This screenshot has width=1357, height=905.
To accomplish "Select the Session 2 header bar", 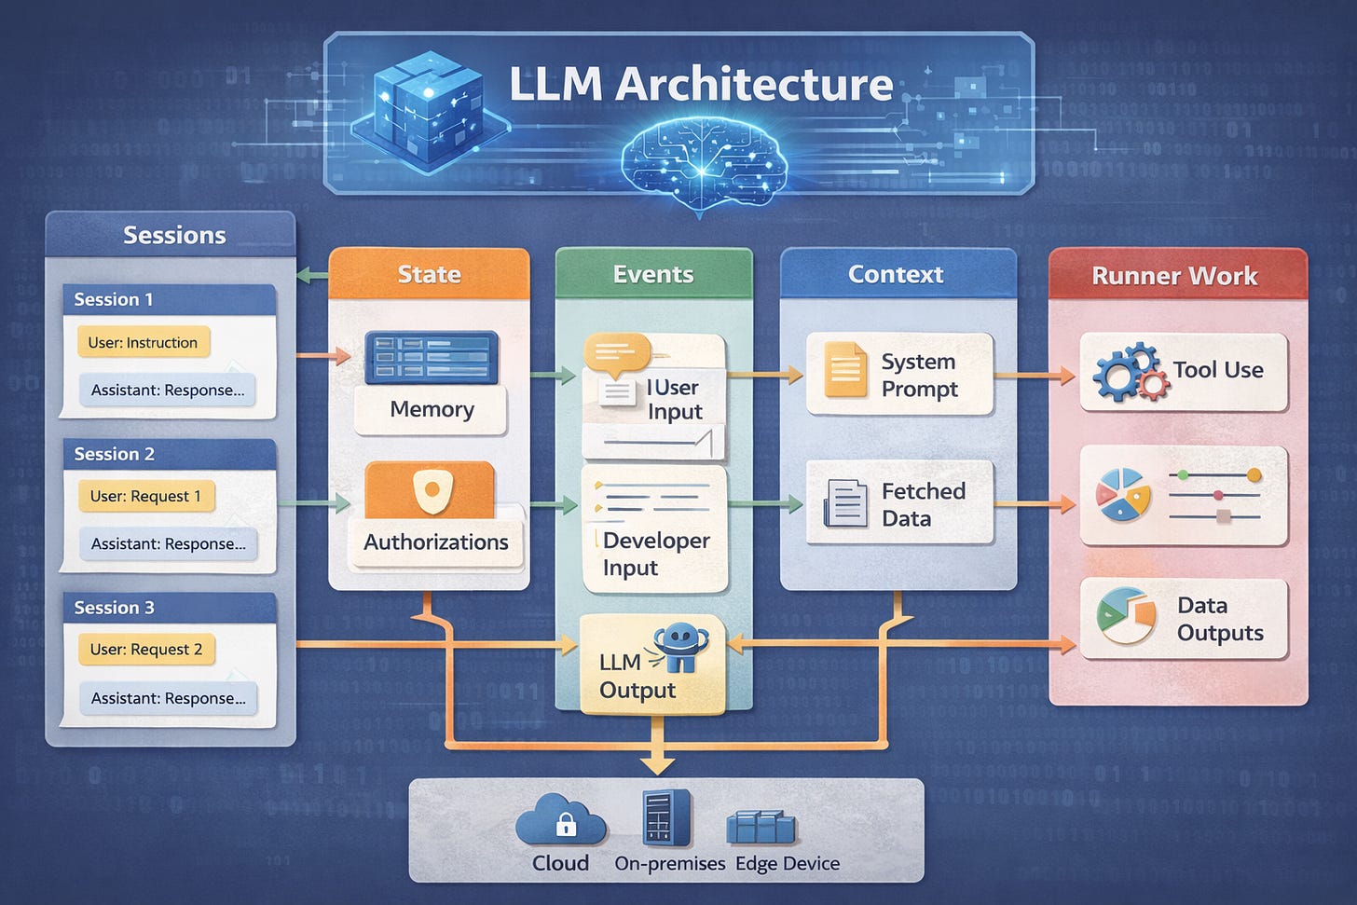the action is tap(170, 454).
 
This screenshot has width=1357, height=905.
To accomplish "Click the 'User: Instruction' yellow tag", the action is tap(143, 342).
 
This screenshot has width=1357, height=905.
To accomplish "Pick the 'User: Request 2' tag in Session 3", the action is tap(146, 650).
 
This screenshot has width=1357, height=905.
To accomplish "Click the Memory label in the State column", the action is tap(432, 409).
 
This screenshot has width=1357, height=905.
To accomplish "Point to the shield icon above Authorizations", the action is tap(432, 490).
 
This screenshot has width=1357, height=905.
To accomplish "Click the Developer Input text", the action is tap(656, 554).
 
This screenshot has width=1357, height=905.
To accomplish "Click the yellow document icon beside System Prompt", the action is tap(845, 369).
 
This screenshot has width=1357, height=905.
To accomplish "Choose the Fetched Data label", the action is tap(924, 504).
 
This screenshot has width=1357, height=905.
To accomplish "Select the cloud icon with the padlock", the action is tap(560, 819).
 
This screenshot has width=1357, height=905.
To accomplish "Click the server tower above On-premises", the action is tap(666, 817).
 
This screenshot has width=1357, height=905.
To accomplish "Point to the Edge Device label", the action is tap(788, 863).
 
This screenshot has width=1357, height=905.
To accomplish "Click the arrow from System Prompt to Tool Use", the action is tap(1035, 376).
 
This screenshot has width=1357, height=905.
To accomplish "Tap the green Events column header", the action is tap(654, 273).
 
